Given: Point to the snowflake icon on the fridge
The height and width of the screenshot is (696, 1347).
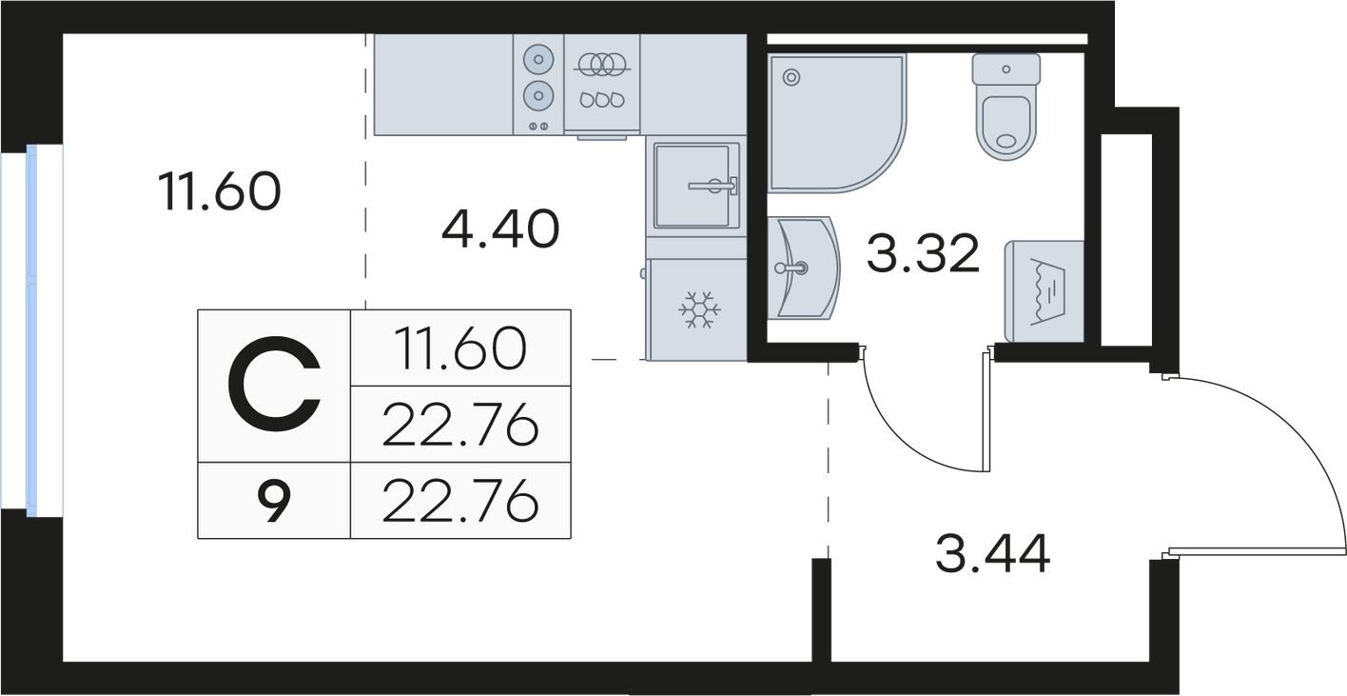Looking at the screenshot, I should click(x=698, y=309).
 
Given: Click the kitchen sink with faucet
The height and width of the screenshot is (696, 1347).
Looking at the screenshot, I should click(x=695, y=186).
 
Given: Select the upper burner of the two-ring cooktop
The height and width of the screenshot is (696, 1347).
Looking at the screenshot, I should click(x=538, y=59).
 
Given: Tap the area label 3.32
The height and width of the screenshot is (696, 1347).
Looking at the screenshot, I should click(x=922, y=254).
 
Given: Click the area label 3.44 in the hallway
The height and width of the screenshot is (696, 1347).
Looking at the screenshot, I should click(x=992, y=555).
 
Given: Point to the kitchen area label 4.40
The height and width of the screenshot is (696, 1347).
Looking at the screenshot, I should click(x=499, y=229).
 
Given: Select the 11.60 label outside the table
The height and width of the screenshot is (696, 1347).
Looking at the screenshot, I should click(x=220, y=191).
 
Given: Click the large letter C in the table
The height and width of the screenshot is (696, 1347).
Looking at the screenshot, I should click(x=274, y=385).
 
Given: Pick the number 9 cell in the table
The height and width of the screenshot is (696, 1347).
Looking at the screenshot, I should click(x=273, y=502).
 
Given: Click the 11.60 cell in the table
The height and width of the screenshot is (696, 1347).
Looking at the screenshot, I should click(x=460, y=348).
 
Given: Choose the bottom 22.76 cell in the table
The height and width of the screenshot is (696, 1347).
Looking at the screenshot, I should click(x=460, y=501).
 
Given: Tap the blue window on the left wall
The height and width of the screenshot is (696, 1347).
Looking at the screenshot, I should click(x=31, y=329).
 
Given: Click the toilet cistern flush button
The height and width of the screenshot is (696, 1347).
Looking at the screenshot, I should click(x=1005, y=69).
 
